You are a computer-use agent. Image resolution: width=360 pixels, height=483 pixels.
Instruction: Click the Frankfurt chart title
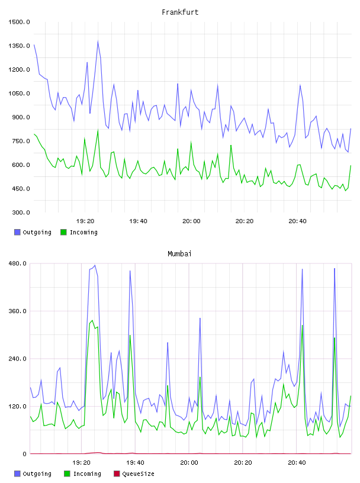(180, 12)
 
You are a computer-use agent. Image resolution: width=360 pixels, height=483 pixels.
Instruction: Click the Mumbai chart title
(179, 254)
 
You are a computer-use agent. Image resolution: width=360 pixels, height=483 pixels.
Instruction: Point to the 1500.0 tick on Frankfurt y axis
(19, 22)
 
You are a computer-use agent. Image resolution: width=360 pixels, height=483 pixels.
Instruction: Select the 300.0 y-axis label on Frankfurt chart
(21, 212)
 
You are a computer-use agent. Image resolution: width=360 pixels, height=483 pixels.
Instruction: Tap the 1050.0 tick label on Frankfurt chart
(19, 94)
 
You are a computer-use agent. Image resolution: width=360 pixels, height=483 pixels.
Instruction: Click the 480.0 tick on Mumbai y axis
(18, 263)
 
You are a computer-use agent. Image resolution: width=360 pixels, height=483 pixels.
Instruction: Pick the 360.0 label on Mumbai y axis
(18, 311)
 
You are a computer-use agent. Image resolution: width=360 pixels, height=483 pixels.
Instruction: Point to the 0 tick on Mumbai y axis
(25, 454)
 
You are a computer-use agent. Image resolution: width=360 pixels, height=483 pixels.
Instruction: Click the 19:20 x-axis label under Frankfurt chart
(85, 221)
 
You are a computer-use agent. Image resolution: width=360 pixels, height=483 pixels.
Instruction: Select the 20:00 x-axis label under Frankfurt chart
(191, 221)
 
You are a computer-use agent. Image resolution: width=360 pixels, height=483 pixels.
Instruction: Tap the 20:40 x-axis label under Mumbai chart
(297, 463)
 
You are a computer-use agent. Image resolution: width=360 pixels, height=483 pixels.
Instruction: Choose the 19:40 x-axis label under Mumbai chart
(135, 463)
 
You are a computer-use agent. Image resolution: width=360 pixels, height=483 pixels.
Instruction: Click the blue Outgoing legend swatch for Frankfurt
(17, 232)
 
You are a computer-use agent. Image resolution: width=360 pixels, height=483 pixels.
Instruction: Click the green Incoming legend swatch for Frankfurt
(63, 232)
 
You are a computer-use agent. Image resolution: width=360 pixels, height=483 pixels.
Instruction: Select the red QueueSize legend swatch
(117, 474)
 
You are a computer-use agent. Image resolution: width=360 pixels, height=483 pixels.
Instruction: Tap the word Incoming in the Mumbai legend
(87, 474)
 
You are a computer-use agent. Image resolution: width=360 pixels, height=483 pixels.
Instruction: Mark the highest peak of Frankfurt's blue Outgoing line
(98, 41)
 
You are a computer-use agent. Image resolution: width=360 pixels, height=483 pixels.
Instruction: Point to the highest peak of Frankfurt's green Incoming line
(98, 130)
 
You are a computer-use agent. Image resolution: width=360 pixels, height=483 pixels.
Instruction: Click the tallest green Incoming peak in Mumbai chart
(92, 320)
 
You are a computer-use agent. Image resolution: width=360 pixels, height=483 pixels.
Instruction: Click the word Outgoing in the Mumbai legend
(37, 474)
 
